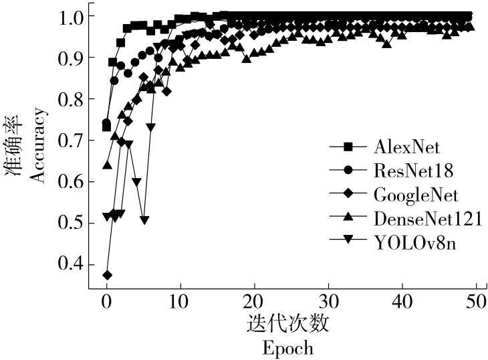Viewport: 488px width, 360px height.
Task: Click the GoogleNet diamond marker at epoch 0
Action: (x=107, y=275)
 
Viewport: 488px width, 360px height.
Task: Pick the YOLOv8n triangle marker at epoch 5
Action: (x=144, y=220)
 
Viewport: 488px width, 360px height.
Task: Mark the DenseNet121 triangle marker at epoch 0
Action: (x=107, y=164)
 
